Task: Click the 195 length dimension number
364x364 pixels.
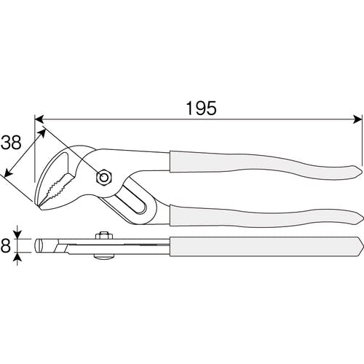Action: (201, 108)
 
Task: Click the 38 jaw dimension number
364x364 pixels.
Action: (12, 143)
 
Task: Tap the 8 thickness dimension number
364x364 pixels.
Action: (5, 245)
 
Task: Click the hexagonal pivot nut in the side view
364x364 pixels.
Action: (104, 178)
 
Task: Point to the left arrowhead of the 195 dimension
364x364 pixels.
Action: (39, 119)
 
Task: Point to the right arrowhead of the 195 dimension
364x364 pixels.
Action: (357, 119)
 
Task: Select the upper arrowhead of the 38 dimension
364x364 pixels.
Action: (42, 132)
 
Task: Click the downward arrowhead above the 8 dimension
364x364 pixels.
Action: (17, 234)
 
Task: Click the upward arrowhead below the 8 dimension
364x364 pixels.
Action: (17, 257)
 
